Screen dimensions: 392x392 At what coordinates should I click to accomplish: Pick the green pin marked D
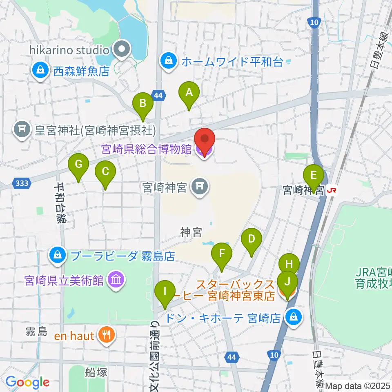(252, 240)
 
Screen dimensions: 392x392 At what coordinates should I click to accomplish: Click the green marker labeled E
(314, 177)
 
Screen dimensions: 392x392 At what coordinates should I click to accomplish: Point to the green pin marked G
(79, 165)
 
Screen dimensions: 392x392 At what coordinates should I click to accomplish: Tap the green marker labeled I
(165, 293)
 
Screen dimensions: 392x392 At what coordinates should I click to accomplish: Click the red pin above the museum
(204, 139)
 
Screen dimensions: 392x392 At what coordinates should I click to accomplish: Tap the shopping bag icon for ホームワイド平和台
(168, 62)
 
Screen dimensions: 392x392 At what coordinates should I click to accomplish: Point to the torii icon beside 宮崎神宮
(200, 187)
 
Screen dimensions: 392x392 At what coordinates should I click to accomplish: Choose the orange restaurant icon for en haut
(107, 336)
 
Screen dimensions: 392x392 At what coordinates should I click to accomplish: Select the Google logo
(28, 383)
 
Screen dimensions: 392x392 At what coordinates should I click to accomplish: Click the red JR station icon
(332, 189)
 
